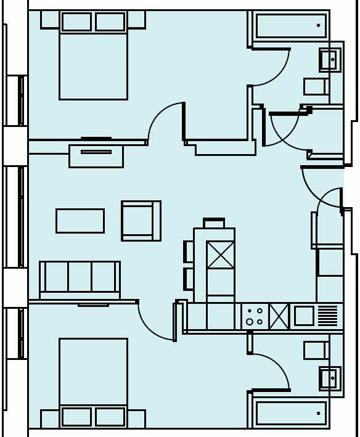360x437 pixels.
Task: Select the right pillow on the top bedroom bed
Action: coord(111,21)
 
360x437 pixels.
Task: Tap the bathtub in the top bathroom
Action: coord(290,26)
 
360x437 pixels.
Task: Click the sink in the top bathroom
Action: coord(327,60)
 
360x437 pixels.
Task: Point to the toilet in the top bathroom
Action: coord(315,86)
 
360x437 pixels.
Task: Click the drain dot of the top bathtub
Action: coord(318,26)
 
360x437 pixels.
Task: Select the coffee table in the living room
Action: coord(80,221)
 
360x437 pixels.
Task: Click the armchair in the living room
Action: coord(141,221)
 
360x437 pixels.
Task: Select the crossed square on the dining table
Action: coord(220,255)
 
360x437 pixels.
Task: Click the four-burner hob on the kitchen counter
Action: coord(255,317)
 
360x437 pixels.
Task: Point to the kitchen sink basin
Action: coord(304,316)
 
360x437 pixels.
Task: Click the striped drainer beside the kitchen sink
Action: coord(329,316)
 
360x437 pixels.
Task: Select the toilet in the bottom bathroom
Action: coord(315,350)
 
